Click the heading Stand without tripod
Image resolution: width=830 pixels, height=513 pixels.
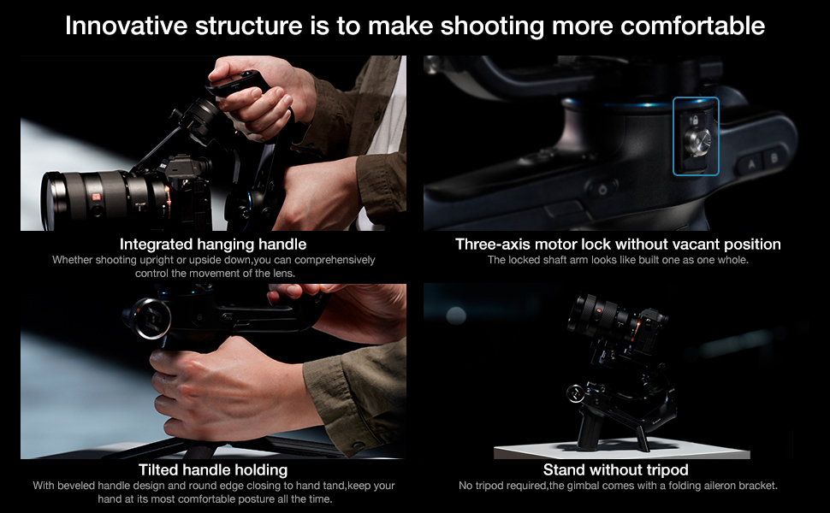coord(615,470)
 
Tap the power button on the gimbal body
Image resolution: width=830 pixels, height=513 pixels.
coord(602,188)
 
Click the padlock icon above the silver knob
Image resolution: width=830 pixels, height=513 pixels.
coord(695,121)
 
